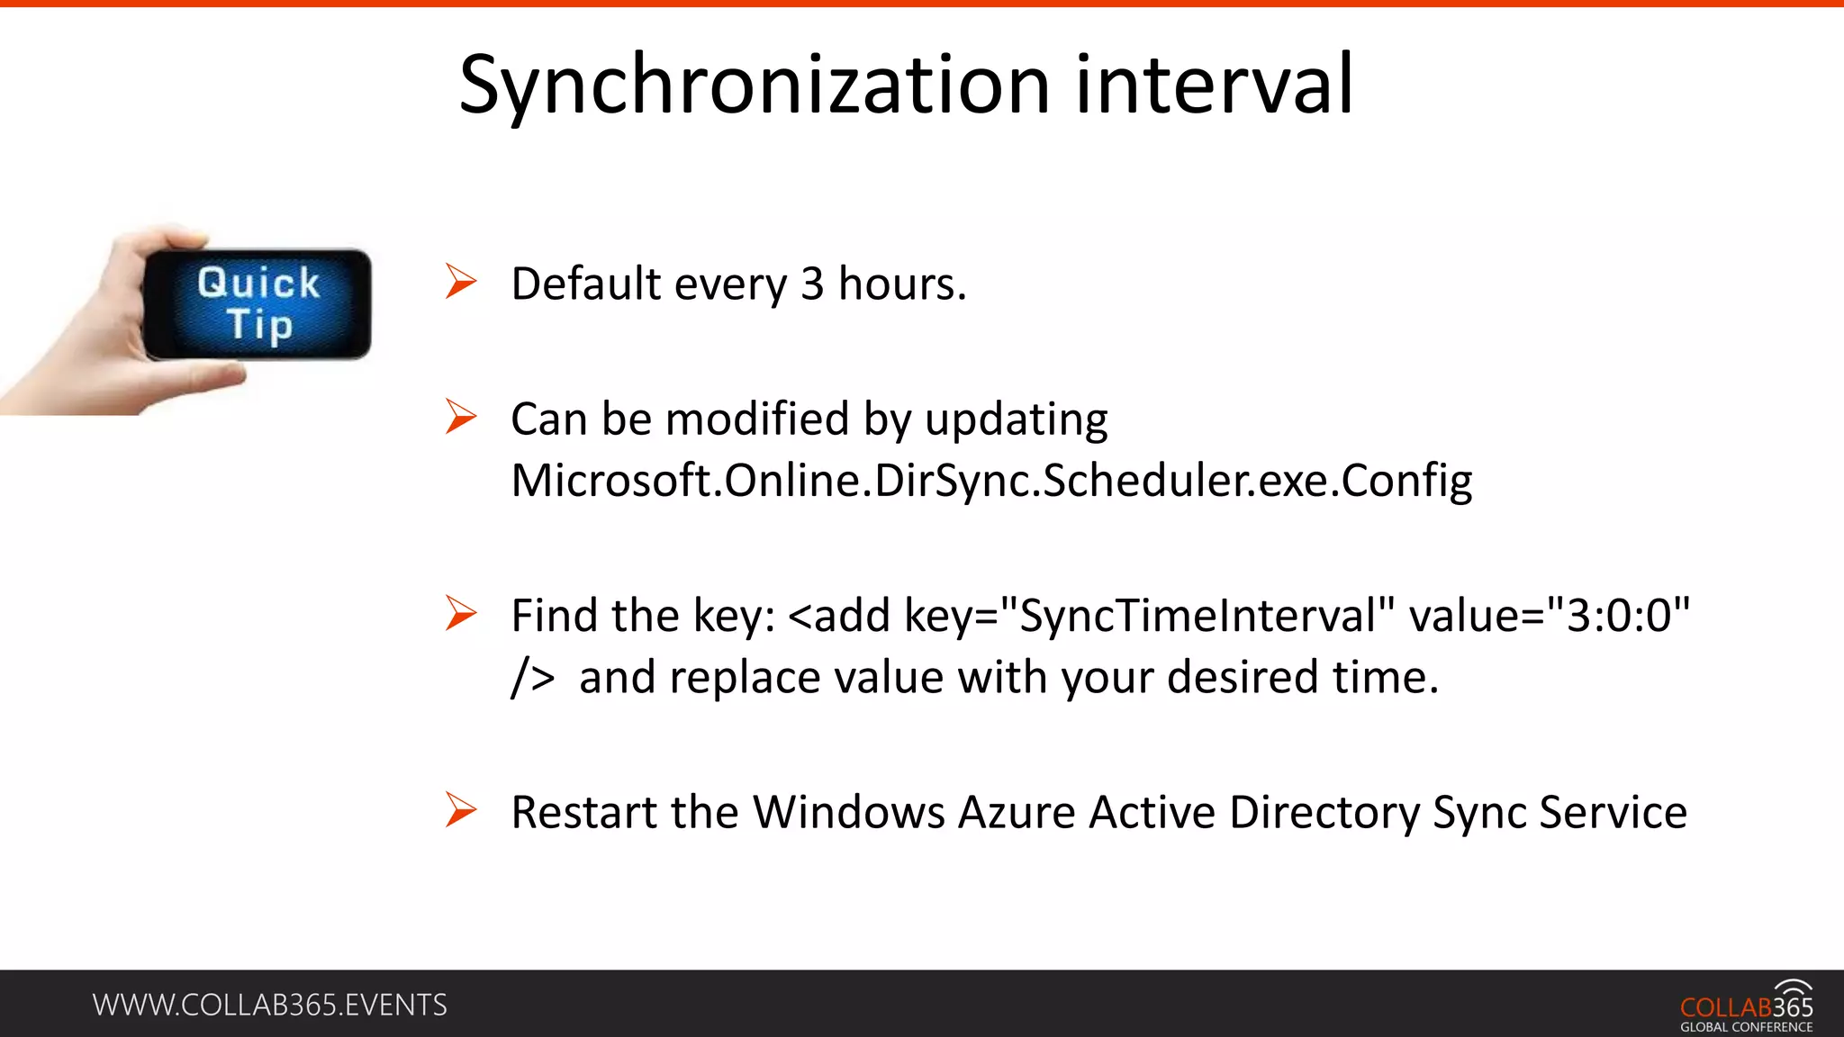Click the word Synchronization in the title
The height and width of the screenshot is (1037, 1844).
click(x=755, y=86)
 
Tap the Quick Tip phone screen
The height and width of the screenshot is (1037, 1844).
click(x=258, y=304)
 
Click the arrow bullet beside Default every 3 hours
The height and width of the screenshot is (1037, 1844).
click(x=461, y=283)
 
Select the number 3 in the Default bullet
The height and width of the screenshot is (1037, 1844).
click(x=812, y=284)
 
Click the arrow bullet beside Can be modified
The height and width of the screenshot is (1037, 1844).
click(x=461, y=418)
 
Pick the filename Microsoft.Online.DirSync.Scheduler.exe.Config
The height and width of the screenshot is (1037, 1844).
click(x=991, y=481)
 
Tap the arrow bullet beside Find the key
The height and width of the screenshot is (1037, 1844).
click(x=461, y=614)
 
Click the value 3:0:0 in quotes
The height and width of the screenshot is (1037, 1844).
click(x=1619, y=617)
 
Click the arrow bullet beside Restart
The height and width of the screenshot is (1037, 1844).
click(x=461, y=810)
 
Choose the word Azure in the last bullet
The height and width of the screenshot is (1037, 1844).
click(x=1017, y=812)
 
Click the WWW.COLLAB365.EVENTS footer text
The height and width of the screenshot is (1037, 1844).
click(x=269, y=1005)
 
